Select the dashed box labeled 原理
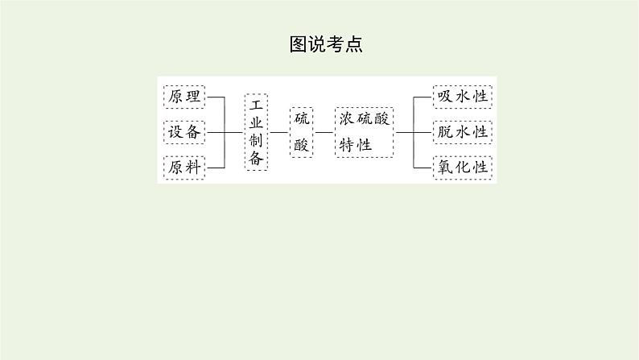[184, 97]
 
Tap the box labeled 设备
[184, 132]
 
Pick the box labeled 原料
[184, 168]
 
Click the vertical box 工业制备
[257, 131]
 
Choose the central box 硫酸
[301, 131]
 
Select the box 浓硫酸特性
[365, 131]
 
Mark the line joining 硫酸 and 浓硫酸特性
[325, 131]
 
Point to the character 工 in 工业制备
[257, 105]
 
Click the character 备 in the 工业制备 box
[257, 159]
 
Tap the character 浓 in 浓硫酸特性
[348, 119]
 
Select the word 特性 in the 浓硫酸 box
[356, 145]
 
